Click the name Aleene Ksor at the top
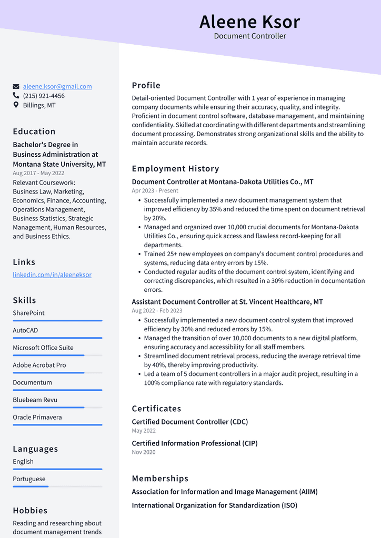point(249,22)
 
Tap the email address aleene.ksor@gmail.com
point(57,86)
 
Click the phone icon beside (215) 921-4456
point(16,96)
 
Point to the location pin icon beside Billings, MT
point(16,105)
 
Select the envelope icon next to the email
point(16,86)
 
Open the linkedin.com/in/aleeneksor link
point(52,275)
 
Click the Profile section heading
point(146,85)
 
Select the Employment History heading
point(175,169)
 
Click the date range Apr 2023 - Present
point(155,190)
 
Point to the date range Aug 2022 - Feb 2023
point(157,310)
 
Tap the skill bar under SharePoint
point(57,320)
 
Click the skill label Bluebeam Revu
point(35,400)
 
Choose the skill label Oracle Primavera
point(37,417)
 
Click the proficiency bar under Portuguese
point(57,486)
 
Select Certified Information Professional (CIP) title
point(194,443)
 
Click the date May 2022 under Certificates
point(144,431)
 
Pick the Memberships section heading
point(160,479)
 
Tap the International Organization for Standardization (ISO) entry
point(214,505)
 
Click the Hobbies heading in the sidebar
point(30,511)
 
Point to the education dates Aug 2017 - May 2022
point(38,173)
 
